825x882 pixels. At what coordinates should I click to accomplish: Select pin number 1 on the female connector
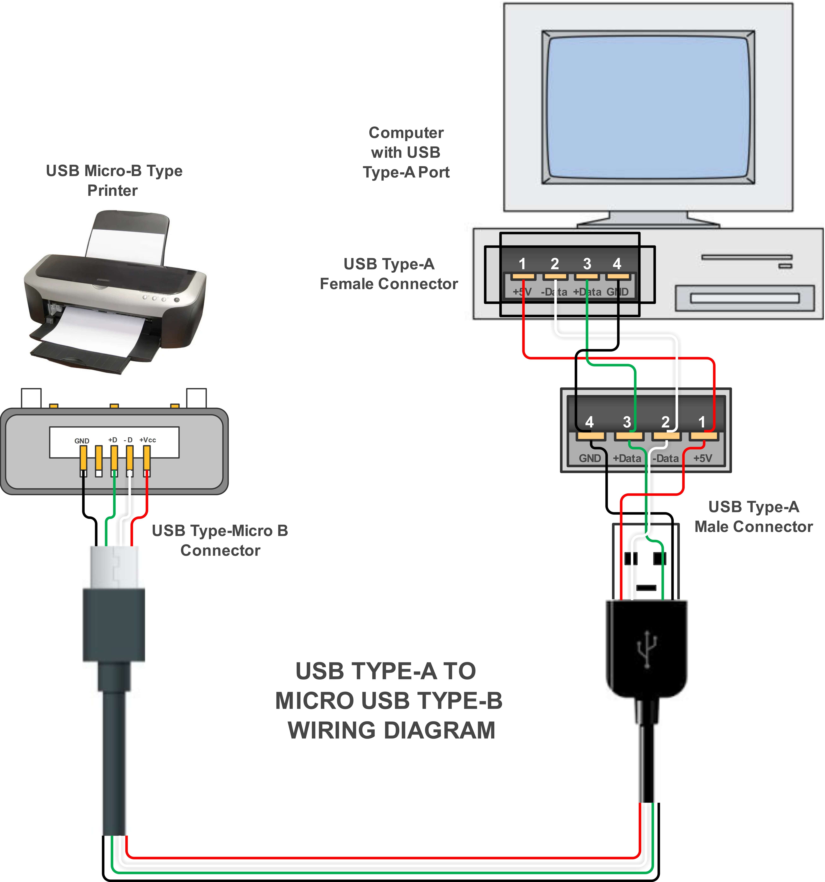pyautogui.click(x=522, y=264)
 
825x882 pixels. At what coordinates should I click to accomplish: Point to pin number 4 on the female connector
pyautogui.click(x=617, y=264)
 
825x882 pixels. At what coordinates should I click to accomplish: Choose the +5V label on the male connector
pyautogui.click(x=702, y=458)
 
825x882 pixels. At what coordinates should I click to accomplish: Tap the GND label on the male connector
pyautogui.click(x=590, y=458)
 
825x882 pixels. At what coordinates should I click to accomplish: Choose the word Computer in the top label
pyautogui.click(x=406, y=133)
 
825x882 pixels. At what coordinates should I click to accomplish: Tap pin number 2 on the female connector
pyautogui.click(x=555, y=264)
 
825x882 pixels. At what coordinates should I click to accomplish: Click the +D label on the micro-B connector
pyautogui.click(x=113, y=440)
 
